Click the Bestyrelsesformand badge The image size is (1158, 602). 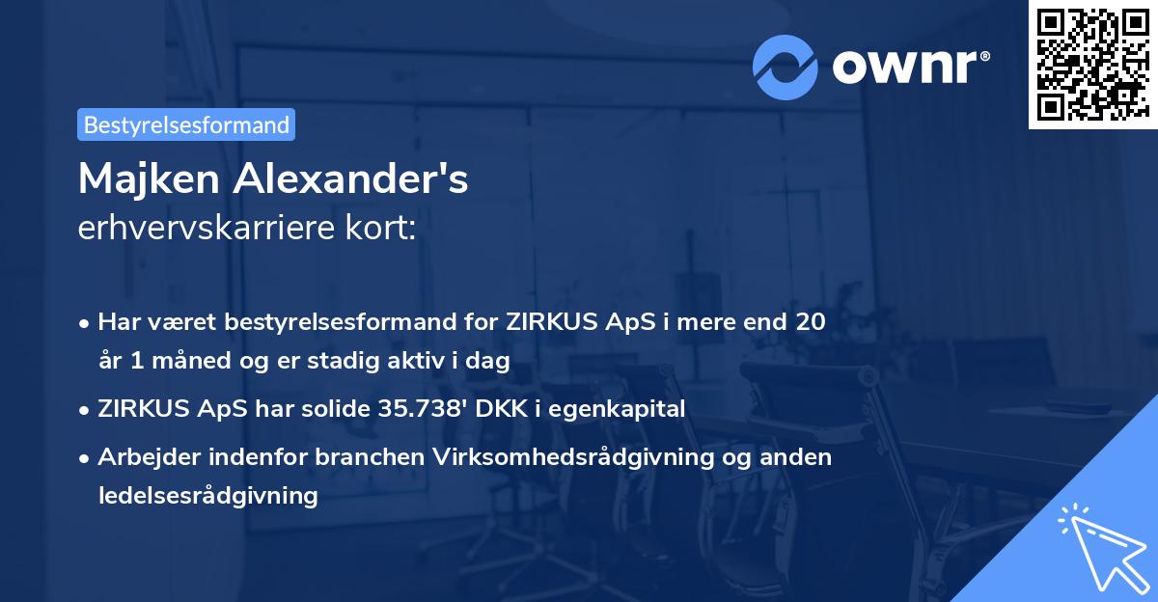(186, 124)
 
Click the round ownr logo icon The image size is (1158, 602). (786, 66)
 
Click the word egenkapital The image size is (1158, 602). (630, 409)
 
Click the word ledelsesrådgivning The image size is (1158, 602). (207, 496)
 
